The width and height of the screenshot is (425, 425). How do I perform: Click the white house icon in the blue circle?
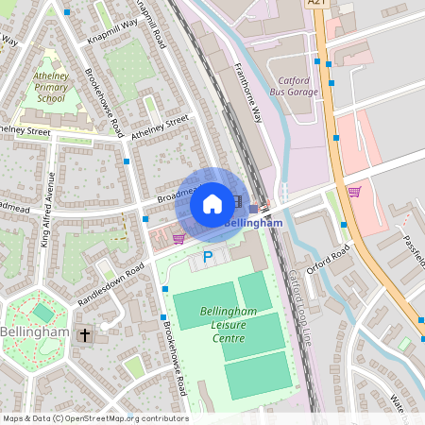pos(212,204)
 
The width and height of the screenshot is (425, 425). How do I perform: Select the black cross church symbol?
pos(84,334)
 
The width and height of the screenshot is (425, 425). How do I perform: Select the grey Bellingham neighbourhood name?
pos(35,332)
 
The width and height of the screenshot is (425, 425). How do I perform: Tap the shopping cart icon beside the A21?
pos(354,192)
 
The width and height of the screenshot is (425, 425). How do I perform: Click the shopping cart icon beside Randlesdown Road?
pos(180,238)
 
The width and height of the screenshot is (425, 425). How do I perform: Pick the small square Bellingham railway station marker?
pos(252,209)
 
